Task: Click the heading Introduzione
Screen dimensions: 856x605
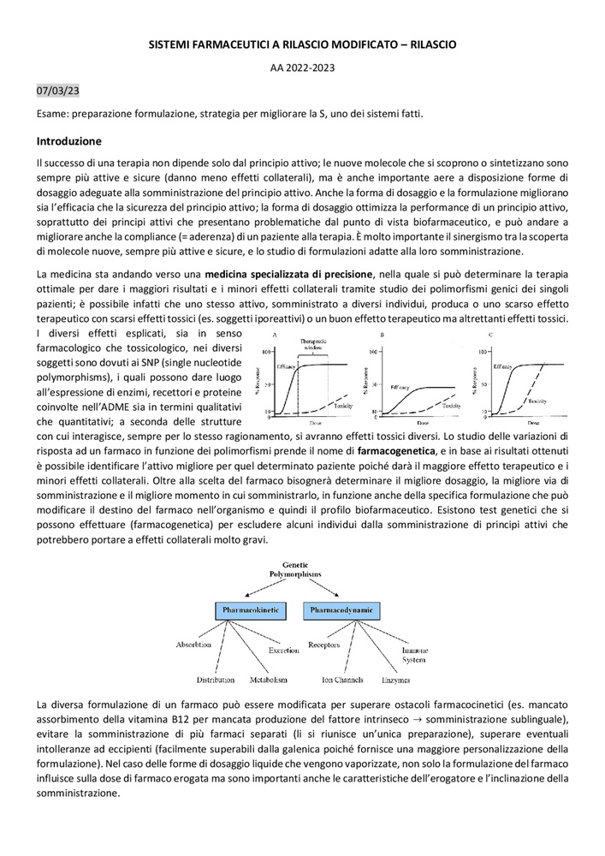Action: click(69, 140)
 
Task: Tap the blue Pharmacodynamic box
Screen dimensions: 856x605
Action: click(340, 610)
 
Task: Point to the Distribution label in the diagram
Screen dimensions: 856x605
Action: click(216, 680)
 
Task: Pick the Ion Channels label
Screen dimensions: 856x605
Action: click(342, 680)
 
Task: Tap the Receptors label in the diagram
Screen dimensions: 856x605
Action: click(324, 645)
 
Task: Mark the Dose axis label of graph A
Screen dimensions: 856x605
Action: click(317, 423)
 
